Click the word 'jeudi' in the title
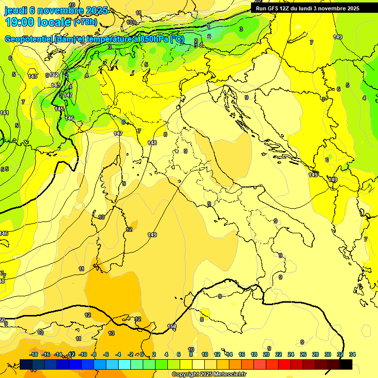[x=15, y=10]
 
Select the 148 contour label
[x=152, y=143]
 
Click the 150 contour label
[x=172, y=326]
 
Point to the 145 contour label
[x=60, y=109]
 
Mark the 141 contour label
[x=4, y=113]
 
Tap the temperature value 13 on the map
[x=111, y=333]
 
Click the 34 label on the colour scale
[x=352, y=354]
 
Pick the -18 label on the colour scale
[x=34, y=354]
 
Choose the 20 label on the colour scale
[x=266, y=354]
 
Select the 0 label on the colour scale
[x=142, y=354]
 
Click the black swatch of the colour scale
[x=346, y=364]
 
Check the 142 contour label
[x=54, y=75]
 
